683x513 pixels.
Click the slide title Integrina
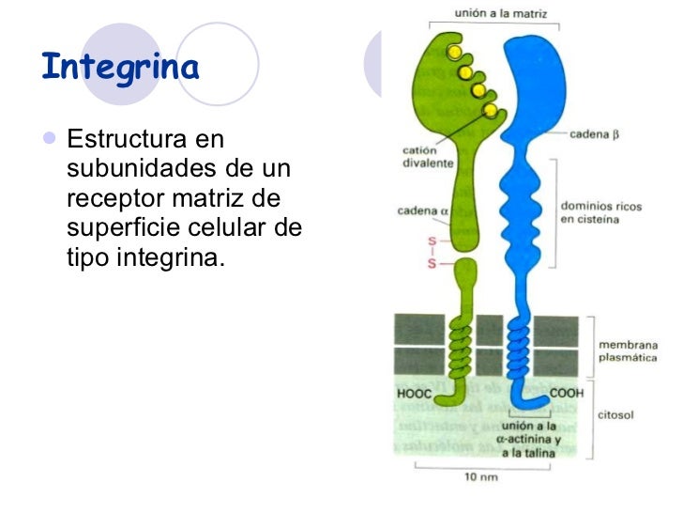click(x=121, y=68)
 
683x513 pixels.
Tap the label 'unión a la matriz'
click(x=502, y=14)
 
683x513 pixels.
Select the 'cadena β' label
click(x=595, y=134)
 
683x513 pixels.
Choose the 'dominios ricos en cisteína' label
click(x=600, y=212)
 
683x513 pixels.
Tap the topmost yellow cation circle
click(x=454, y=52)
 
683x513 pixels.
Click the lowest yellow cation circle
click(x=490, y=111)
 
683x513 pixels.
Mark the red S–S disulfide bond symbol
click(x=433, y=252)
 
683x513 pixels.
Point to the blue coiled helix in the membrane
click(x=519, y=346)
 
